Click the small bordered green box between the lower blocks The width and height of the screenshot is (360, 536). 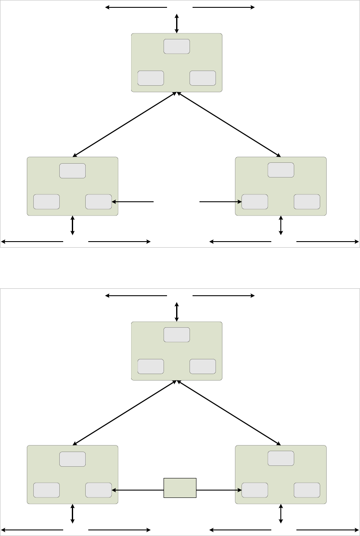pyautogui.click(x=180, y=488)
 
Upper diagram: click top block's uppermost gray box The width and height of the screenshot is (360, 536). pyautogui.click(x=177, y=46)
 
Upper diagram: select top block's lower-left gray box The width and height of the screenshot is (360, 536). pyautogui.click(x=151, y=78)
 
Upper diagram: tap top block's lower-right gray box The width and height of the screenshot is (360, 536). pyautogui.click(x=202, y=78)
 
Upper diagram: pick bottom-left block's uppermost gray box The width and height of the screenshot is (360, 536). pyautogui.click(x=72, y=171)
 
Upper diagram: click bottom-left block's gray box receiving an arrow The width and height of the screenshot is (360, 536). pyautogui.click(x=99, y=202)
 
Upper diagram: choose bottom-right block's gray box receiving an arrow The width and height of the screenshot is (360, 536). pyautogui.click(x=254, y=202)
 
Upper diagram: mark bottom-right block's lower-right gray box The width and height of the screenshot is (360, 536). pyautogui.click(x=307, y=202)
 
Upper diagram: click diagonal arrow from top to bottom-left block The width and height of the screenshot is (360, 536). pyautogui.click(x=125, y=124)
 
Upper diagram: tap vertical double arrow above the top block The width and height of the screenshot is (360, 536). pyautogui.click(x=177, y=23)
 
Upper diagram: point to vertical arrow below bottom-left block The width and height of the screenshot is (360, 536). pyautogui.click(x=73, y=226)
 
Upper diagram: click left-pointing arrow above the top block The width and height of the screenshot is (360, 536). pyautogui.click(x=136, y=7)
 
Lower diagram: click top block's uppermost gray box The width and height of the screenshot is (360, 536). pyautogui.click(x=177, y=335)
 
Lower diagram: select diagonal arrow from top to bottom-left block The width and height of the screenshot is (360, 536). pyautogui.click(x=125, y=413)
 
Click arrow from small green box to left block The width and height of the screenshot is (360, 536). pyautogui.click(x=138, y=490)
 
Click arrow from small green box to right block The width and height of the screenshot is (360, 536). pyautogui.click(x=219, y=490)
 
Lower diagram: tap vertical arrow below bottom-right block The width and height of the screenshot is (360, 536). pyautogui.click(x=281, y=514)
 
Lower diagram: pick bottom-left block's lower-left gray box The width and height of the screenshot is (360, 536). pyautogui.click(x=46, y=490)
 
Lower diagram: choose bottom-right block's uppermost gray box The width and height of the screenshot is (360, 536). pyautogui.click(x=281, y=459)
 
